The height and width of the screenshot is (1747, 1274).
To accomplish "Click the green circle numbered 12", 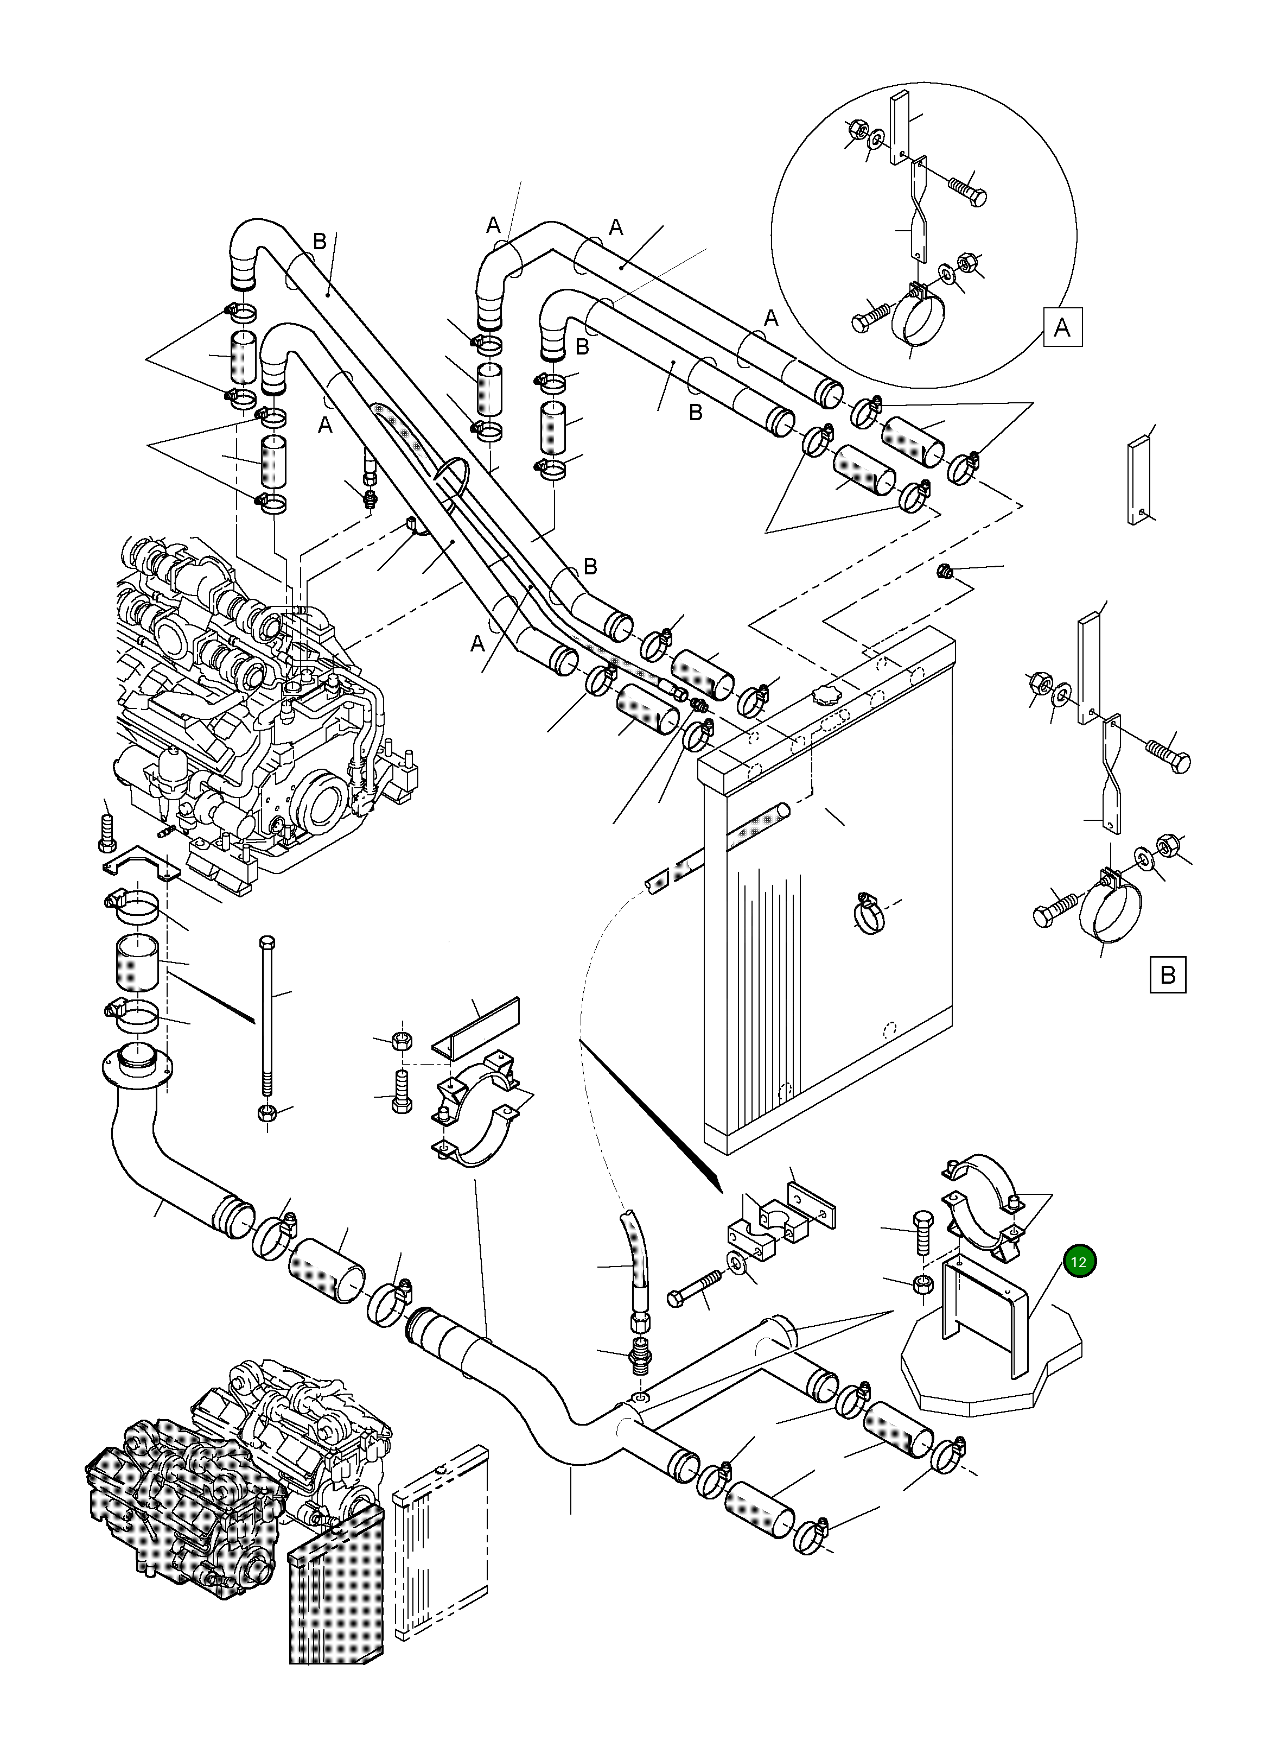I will click(x=1079, y=1262).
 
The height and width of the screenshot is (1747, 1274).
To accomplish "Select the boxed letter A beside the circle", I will click(x=1062, y=327).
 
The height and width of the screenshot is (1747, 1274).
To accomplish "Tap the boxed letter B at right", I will click(x=1168, y=974).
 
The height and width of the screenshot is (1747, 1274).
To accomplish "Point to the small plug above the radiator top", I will click(x=942, y=572).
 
